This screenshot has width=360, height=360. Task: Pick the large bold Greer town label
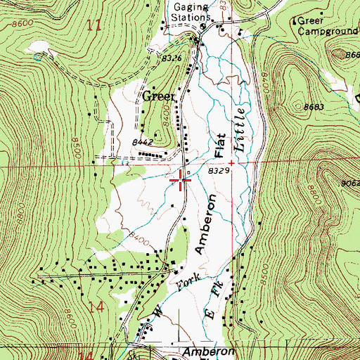click(x=159, y=96)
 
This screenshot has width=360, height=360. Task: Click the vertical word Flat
click(x=219, y=146)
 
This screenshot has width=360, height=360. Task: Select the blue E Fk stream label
click(x=212, y=299)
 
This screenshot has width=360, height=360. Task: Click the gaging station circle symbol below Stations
click(x=202, y=28)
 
